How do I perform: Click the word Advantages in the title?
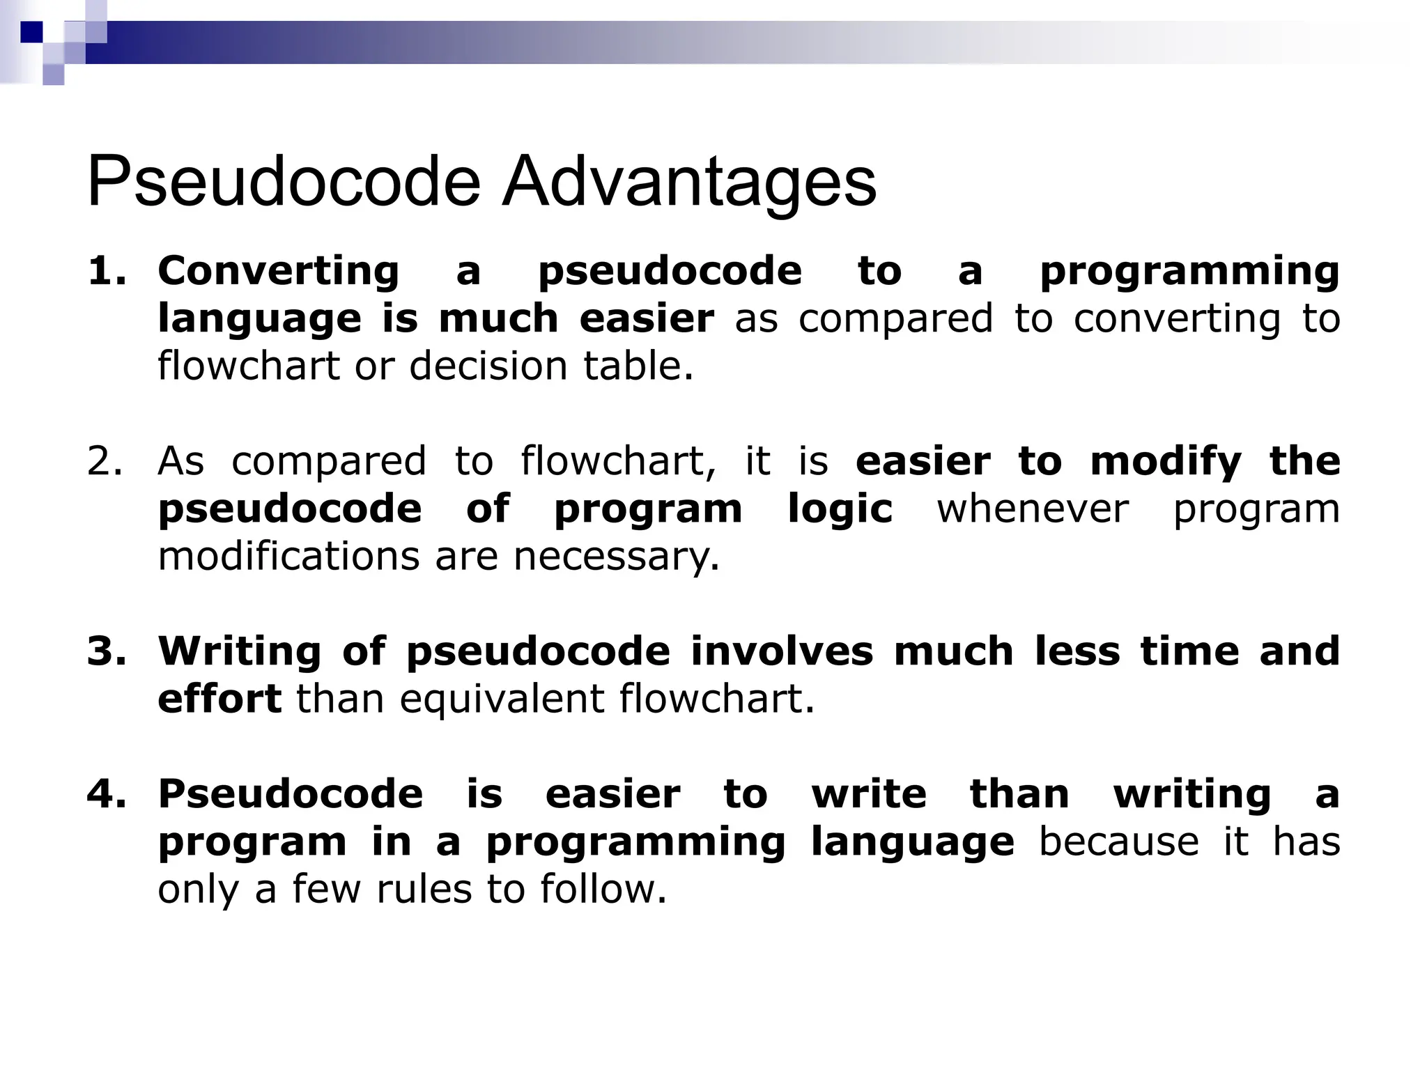[x=689, y=183]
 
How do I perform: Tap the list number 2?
[x=105, y=461]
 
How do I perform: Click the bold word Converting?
[x=279, y=271]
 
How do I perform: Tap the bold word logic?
[x=840, y=509]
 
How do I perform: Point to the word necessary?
[x=616, y=557]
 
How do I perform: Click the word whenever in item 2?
[x=1032, y=509]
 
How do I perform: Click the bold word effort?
[x=219, y=699]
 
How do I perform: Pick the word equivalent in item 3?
[x=502, y=699]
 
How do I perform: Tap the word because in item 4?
[x=1118, y=842]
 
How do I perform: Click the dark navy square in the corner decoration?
[x=32, y=32]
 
